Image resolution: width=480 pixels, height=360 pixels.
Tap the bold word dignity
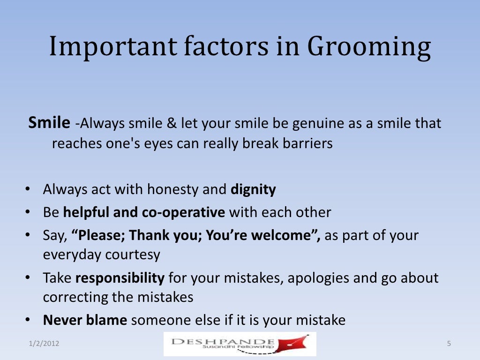pos(253,190)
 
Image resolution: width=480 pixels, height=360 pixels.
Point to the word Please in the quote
pos(98,235)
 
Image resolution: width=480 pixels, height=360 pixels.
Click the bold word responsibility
pos(120,278)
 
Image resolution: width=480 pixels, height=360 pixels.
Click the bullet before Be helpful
pos(28,213)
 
